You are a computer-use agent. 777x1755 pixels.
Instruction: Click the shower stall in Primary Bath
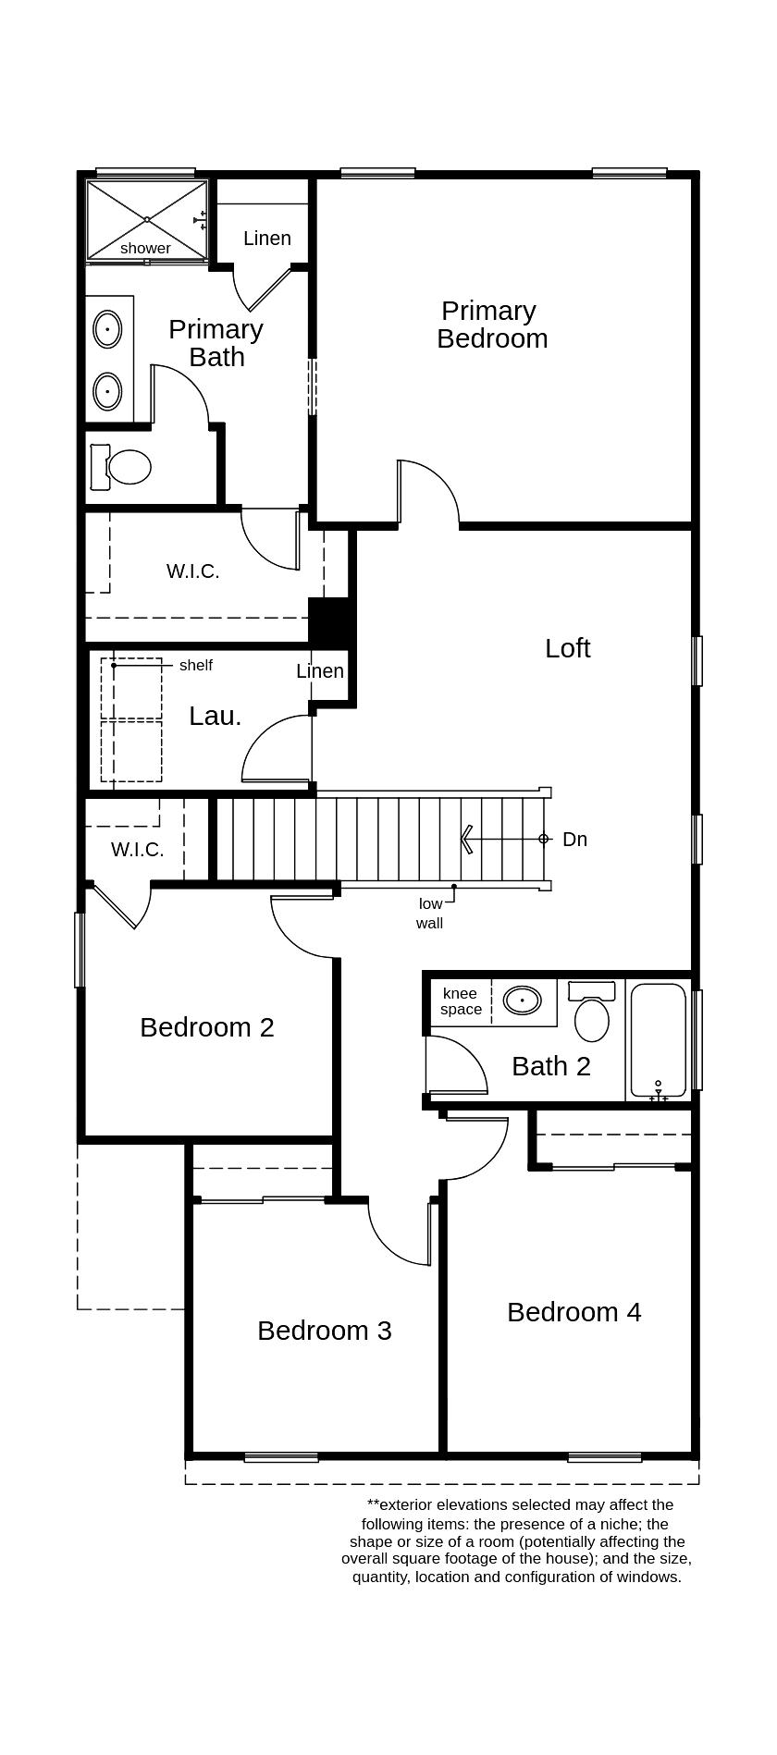(x=146, y=220)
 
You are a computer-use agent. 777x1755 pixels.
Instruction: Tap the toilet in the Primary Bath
(x=127, y=467)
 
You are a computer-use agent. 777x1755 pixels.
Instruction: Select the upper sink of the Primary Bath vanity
(x=107, y=329)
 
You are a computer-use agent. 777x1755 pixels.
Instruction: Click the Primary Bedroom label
(x=491, y=325)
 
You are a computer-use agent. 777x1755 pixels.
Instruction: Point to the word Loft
(x=567, y=648)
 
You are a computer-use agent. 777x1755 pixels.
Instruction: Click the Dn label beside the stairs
(x=574, y=840)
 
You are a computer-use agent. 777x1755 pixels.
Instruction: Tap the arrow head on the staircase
(x=467, y=840)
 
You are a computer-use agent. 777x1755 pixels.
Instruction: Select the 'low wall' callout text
(x=430, y=914)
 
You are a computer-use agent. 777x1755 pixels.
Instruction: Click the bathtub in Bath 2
(x=658, y=1040)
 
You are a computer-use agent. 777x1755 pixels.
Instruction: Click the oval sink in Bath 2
(x=523, y=1000)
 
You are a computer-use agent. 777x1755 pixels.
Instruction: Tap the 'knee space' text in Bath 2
(x=461, y=1001)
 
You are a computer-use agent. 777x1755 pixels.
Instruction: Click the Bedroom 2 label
(x=207, y=1027)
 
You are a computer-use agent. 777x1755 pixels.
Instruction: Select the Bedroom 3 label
(x=324, y=1331)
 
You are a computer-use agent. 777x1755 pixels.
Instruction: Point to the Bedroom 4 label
(x=573, y=1312)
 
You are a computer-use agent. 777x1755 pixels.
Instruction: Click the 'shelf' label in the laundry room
(x=195, y=666)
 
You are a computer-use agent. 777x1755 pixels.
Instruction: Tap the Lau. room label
(x=215, y=716)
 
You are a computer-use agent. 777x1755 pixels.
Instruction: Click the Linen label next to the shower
(x=267, y=239)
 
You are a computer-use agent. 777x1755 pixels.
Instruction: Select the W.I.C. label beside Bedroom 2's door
(x=138, y=850)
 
